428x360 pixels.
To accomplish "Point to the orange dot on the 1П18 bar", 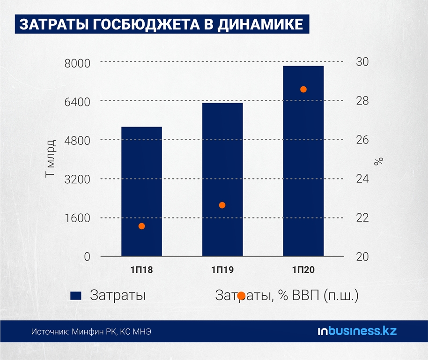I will click(141, 226).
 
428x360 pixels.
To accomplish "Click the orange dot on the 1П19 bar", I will click(222, 205).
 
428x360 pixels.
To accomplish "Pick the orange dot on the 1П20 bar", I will click(303, 90).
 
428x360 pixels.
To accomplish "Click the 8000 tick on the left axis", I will click(80, 62).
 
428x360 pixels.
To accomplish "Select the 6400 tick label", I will click(80, 101).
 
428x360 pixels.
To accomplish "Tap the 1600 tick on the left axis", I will click(80, 218).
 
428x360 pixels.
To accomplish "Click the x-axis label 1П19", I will click(222, 270).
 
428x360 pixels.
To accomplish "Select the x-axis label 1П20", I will click(303, 270).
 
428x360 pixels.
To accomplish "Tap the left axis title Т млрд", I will click(51, 158).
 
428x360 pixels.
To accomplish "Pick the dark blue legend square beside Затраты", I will click(76, 296).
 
